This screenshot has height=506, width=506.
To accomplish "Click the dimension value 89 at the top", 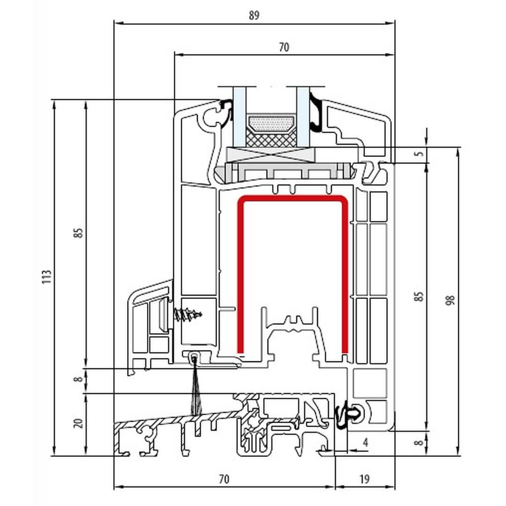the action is [254, 15].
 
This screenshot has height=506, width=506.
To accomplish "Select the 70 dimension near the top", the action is [283, 47].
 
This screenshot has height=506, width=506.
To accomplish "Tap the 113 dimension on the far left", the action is [47, 277].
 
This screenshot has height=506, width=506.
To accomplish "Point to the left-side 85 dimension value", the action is [78, 233].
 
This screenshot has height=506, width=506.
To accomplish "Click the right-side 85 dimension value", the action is [418, 296].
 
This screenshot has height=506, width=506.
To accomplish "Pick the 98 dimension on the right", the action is [451, 300].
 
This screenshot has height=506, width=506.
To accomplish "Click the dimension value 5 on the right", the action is [419, 153].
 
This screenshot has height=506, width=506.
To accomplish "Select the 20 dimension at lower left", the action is [78, 423].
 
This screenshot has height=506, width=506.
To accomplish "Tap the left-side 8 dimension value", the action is [78, 379].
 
